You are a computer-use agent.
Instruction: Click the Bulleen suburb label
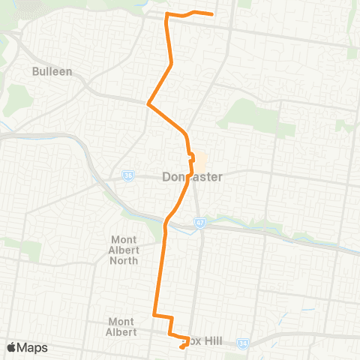coord(52,72)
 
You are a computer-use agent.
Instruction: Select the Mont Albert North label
coord(124,250)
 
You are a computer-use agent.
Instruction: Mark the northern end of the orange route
coord(213,13)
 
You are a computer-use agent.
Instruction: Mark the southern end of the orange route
coord(182,347)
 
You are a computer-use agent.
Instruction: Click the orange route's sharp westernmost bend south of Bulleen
coord(148,103)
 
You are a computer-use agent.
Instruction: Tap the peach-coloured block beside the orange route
coord(200,159)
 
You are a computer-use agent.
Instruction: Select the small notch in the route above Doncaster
coord(191,157)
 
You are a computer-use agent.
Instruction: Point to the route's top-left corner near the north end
coord(166,16)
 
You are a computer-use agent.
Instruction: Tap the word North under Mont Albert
coord(124,261)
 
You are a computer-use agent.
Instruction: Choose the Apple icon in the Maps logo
coord(12,347)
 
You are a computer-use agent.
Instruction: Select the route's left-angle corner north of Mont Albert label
coord(154,314)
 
